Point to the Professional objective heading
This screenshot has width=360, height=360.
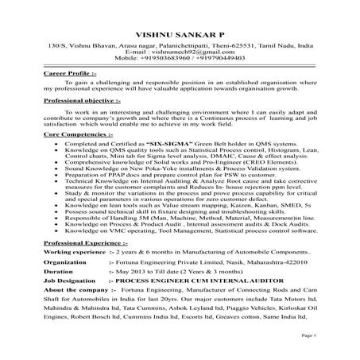(x=81, y=101)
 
